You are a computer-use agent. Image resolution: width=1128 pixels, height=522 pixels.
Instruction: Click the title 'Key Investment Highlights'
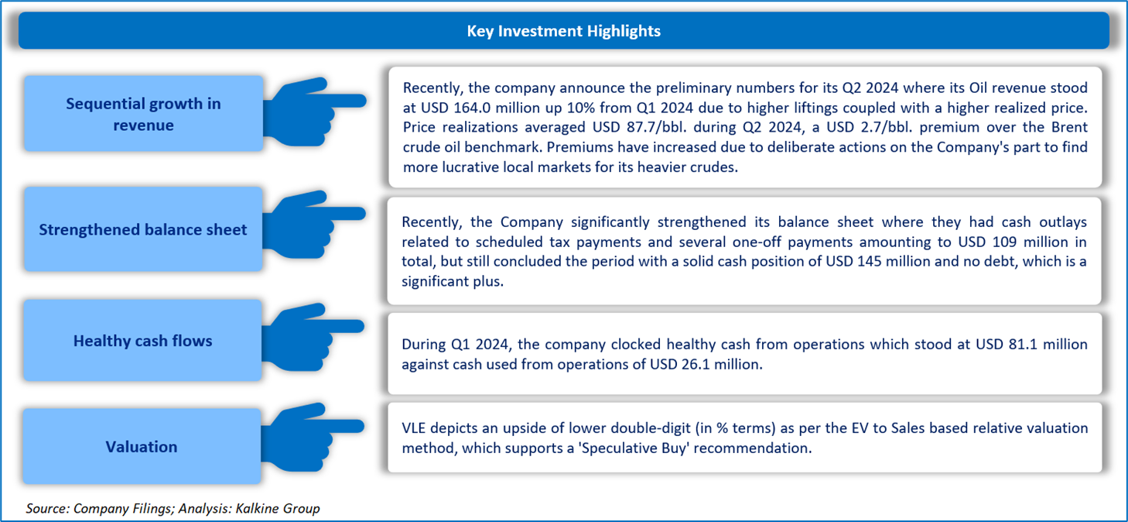pos(563,31)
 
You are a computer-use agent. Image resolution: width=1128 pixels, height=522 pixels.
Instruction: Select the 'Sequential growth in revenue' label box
pos(143,114)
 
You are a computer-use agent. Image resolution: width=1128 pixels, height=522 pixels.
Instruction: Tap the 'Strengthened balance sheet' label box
pos(143,229)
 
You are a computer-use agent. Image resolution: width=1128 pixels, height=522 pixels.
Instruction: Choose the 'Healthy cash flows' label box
pos(143,341)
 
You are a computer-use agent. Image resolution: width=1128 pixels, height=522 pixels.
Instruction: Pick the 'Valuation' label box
pos(142,446)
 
